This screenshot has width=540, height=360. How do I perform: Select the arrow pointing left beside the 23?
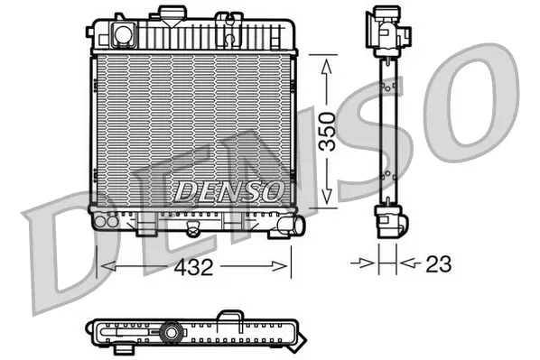pos(405,264)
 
